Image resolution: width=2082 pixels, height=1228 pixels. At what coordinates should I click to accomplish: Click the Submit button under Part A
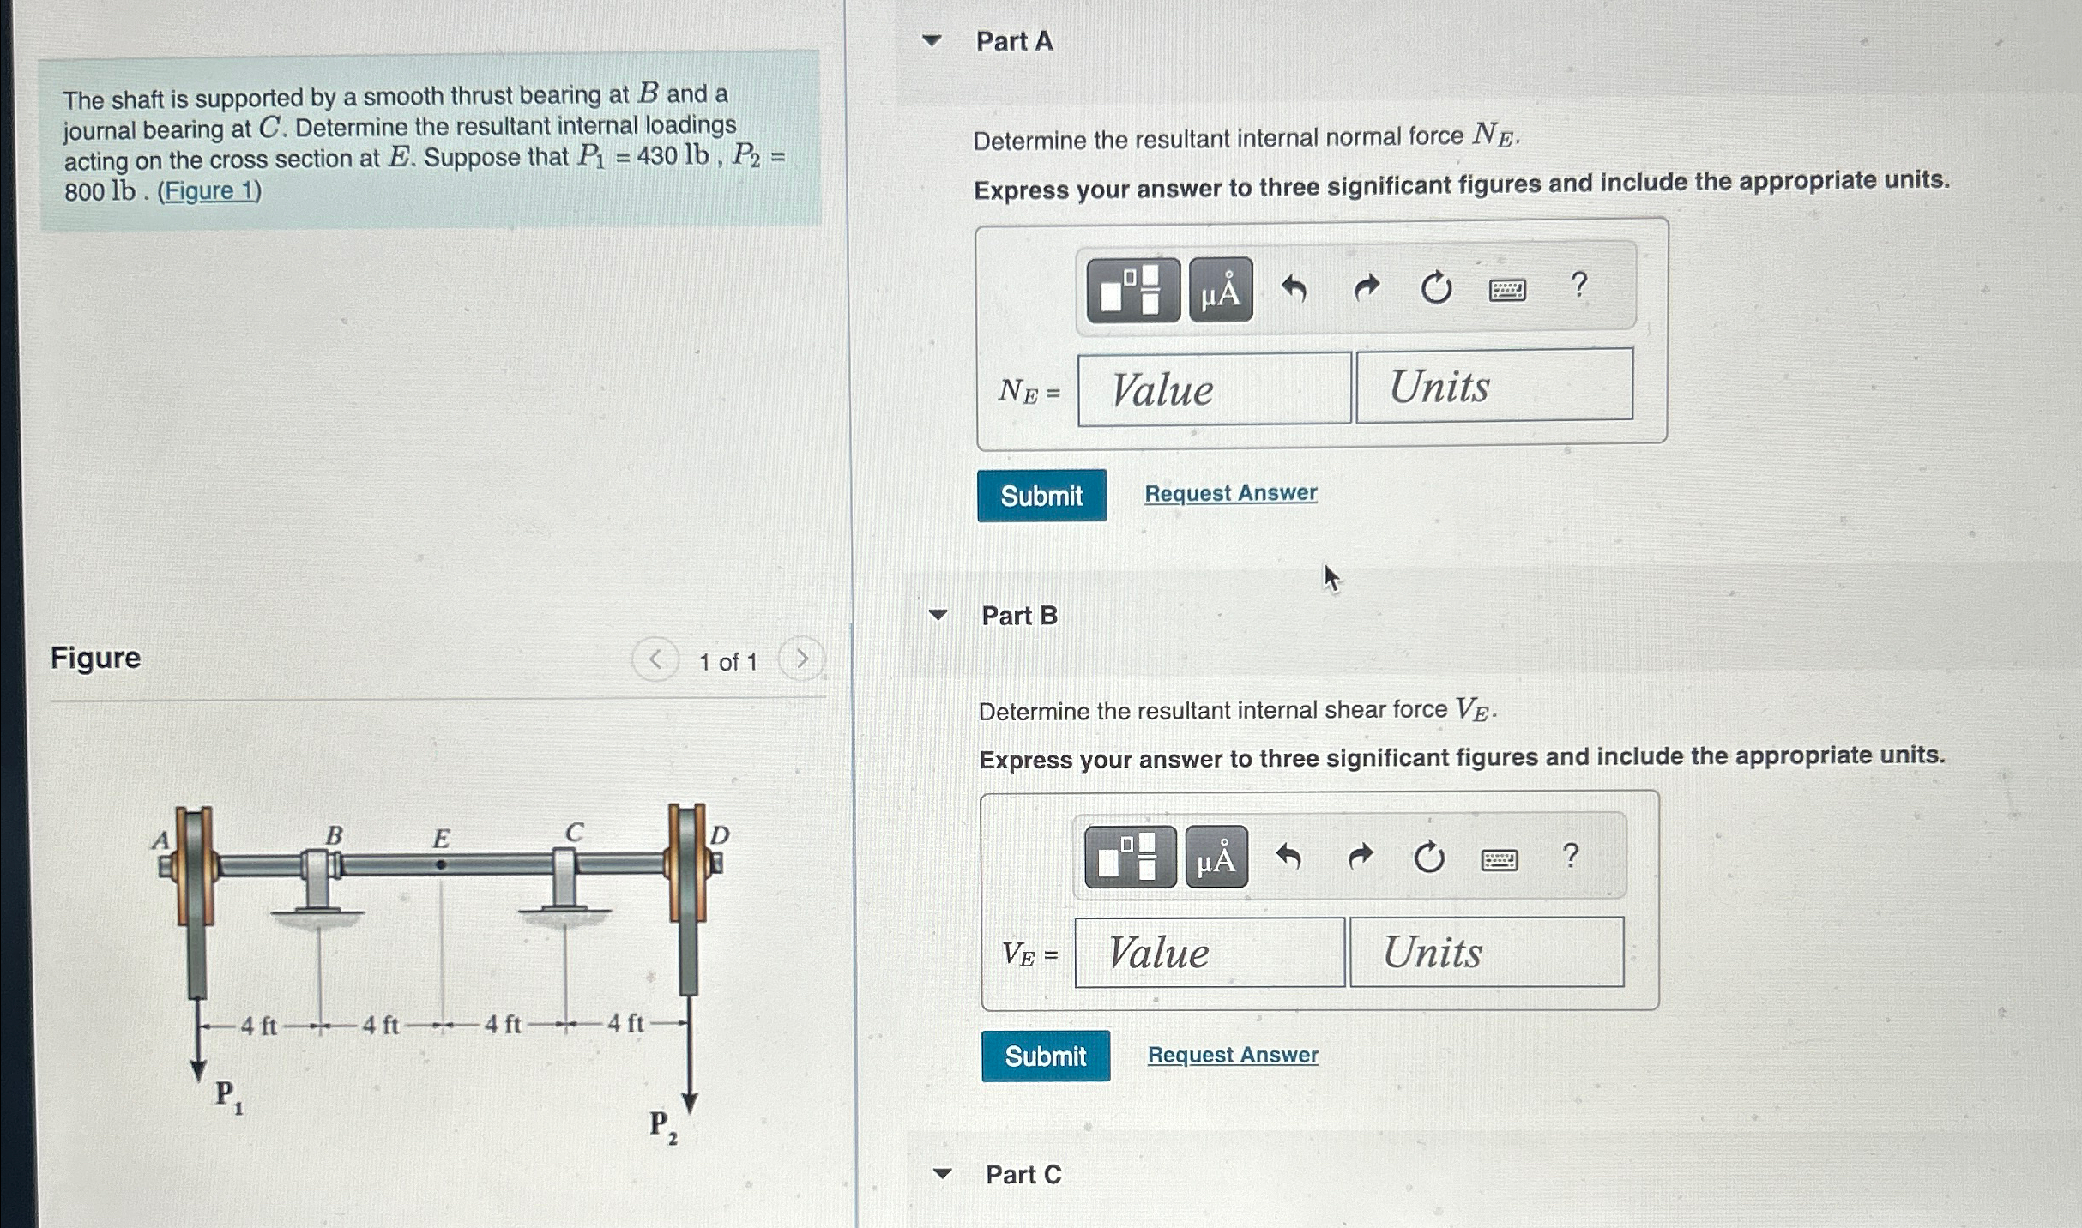(x=1041, y=495)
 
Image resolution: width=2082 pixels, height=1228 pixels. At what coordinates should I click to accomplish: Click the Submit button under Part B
(x=1046, y=1056)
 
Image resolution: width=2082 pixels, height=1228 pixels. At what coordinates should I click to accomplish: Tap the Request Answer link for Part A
(x=1231, y=493)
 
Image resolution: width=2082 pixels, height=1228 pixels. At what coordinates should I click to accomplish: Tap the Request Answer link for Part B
(x=1233, y=1055)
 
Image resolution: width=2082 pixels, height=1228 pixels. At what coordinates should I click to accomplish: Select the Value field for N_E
(x=1214, y=388)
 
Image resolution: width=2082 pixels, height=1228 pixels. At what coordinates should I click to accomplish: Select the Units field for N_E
(x=1494, y=385)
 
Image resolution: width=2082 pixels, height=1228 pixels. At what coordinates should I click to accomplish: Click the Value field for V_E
(x=1210, y=952)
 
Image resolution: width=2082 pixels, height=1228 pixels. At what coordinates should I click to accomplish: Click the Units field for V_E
(x=1487, y=952)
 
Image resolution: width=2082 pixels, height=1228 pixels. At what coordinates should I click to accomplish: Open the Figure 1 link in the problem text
(x=209, y=190)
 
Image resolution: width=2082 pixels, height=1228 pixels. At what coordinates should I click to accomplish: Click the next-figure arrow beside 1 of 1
(x=801, y=659)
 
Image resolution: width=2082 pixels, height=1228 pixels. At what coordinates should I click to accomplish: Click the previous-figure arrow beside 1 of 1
(x=655, y=659)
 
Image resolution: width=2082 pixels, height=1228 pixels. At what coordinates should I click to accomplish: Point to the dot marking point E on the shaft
(x=441, y=864)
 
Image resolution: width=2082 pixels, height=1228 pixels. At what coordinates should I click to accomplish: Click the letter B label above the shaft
(x=334, y=834)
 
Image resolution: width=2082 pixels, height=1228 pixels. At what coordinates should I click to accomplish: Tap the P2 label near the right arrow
(x=663, y=1127)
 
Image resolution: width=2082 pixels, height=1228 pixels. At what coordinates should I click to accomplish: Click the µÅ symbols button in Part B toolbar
(x=1216, y=857)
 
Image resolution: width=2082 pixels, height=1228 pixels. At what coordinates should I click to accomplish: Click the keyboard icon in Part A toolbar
(x=1507, y=290)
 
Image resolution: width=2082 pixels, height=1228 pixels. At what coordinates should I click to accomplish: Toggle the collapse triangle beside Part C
(x=943, y=1173)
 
